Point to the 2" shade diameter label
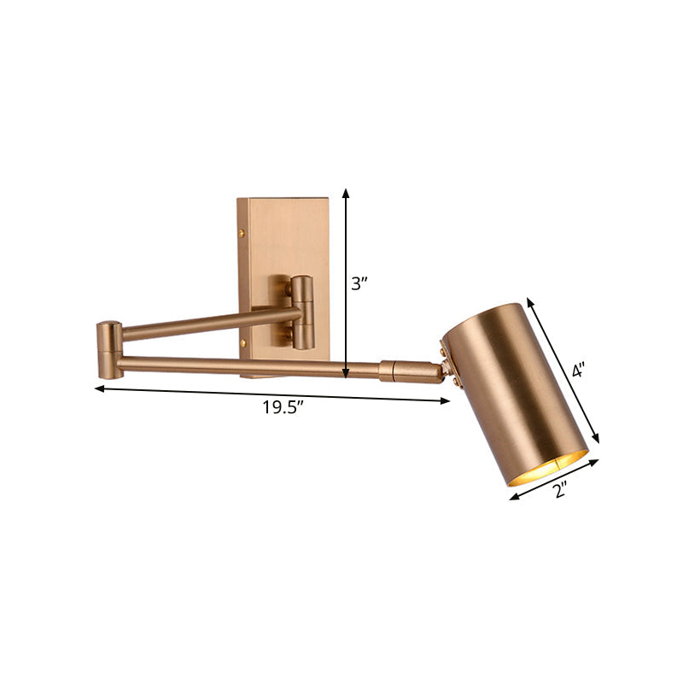[561, 490]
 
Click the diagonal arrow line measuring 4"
[563, 370]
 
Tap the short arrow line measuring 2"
[555, 479]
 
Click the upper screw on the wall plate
[242, 231]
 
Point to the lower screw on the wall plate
[242, 343]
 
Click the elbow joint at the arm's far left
[108, 349]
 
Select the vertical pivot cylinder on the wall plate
[302, 313]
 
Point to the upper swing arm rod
[205, 323]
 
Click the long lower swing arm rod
[248, 367]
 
